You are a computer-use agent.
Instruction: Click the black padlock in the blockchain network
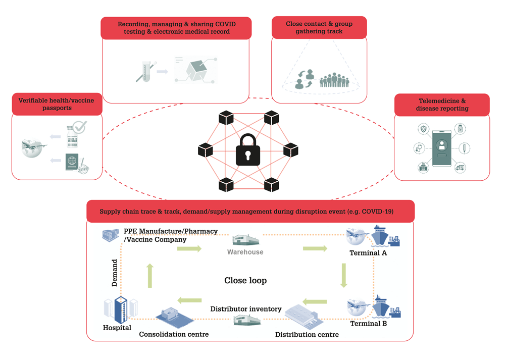247,150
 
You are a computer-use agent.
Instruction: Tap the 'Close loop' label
245,280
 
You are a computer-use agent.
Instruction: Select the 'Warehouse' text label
245,252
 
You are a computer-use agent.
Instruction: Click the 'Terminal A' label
368,253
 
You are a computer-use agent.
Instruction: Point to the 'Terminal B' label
369,324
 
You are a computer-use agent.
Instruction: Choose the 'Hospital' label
117,328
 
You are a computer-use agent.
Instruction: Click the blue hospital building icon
121,310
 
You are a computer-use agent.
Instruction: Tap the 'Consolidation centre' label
174,335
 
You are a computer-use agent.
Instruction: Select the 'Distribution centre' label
307,335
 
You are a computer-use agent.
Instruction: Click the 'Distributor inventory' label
246,309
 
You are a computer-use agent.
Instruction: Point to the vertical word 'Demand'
114,273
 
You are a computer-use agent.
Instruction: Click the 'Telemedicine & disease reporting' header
442,105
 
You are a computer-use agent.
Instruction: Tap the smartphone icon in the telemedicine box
441,148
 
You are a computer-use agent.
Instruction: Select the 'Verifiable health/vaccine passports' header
57,104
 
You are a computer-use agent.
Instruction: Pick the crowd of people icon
334,80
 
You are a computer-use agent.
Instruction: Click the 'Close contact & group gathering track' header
319,27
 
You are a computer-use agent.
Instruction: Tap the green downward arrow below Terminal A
343,275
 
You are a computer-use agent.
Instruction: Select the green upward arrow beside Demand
150,276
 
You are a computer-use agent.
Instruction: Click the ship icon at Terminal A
380,236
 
